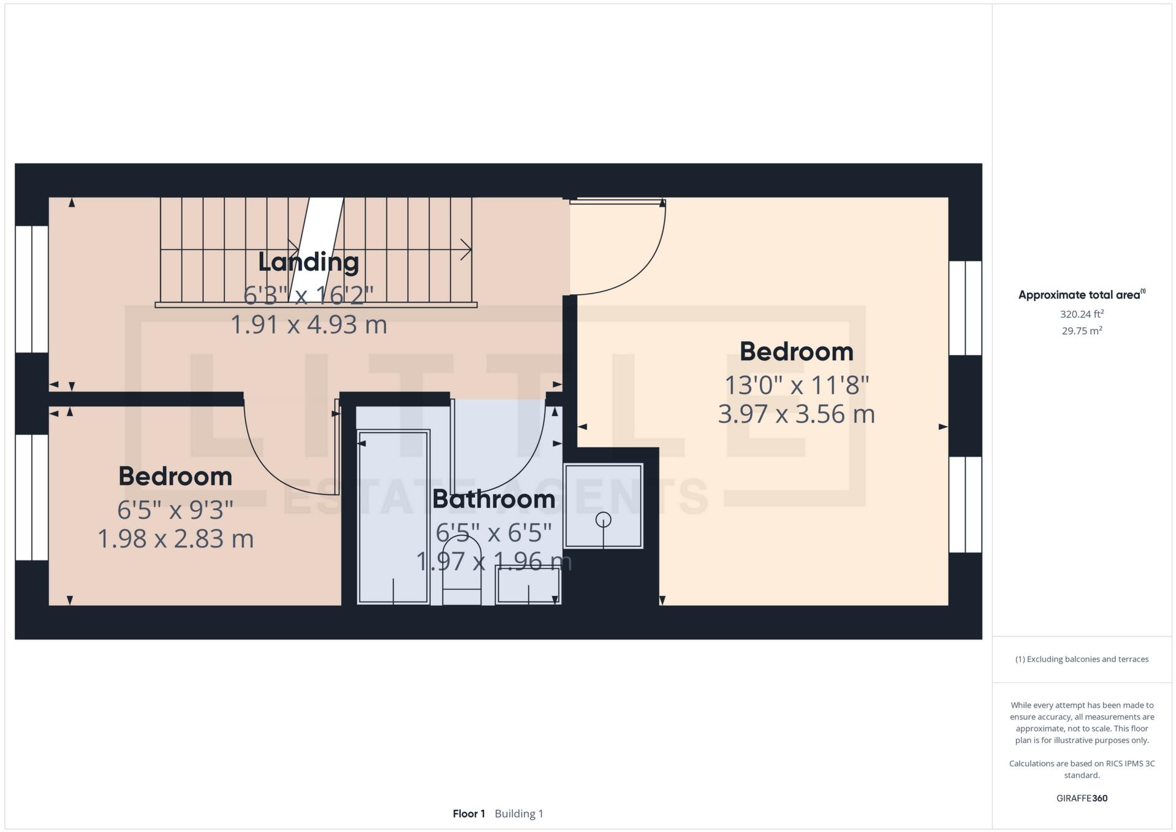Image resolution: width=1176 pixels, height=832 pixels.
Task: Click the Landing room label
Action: tap(308, 262)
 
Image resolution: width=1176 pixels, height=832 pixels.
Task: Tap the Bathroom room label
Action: tap(493, 499)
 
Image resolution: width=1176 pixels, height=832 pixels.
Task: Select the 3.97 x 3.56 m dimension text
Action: tap(796, 414)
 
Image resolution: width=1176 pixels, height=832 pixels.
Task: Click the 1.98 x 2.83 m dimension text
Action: tap(175, 539)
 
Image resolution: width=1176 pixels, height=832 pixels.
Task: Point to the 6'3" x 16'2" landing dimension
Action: tap(308, 296)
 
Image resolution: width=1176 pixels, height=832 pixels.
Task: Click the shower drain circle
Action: tap(603, 520)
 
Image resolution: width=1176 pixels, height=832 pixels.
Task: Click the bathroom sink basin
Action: tap(528, 586)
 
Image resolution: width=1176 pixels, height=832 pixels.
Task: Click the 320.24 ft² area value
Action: tap(1082, 314)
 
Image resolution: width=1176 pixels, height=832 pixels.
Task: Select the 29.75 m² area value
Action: tap(1082, 331)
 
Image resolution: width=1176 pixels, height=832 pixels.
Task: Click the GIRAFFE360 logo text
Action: tap(1082, 798)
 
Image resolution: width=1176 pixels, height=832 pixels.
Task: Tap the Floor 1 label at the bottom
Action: tap(469, 814)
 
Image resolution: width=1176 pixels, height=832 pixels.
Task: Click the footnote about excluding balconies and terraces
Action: tap(1082, 659)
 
